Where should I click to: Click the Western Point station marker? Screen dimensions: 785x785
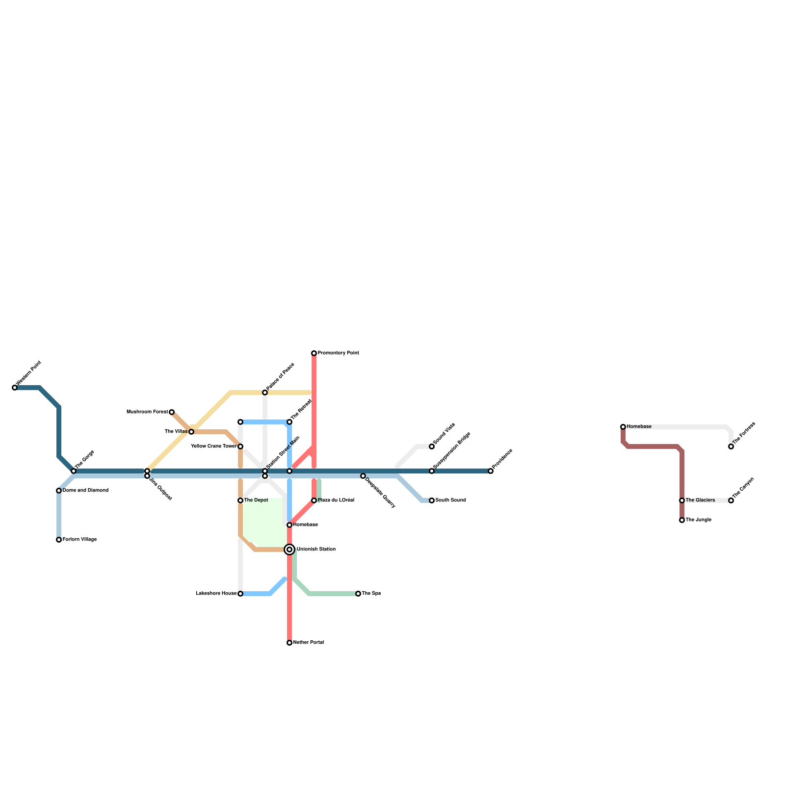click(15, 388)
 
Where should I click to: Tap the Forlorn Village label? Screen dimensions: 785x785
click(79, 540)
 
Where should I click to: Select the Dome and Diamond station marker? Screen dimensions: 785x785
click(59, 491)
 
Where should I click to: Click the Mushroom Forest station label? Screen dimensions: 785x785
click(147, 412)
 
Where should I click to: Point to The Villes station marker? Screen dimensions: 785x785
click(191, 432)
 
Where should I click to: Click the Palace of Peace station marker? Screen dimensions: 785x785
click(265, 392)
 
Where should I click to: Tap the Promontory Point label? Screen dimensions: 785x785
click(339, 353)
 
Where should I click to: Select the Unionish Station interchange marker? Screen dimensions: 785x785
click(289, 549)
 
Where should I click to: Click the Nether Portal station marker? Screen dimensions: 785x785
click(289, 643)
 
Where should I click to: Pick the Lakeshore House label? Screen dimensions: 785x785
click(216, 594)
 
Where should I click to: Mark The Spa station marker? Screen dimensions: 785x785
click(358, 594)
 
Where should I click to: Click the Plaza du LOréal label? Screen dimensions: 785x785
click(336, 500)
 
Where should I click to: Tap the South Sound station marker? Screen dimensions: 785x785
click(432, 500)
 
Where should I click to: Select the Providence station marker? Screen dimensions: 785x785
click(491, 471)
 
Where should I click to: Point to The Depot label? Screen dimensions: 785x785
click(256, 500)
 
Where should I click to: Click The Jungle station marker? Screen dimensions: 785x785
click(682, 520)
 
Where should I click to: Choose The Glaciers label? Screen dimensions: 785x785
click(700, 500)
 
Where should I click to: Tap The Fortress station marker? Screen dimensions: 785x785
click(731, 446)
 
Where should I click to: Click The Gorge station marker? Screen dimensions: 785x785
click(74, 471)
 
